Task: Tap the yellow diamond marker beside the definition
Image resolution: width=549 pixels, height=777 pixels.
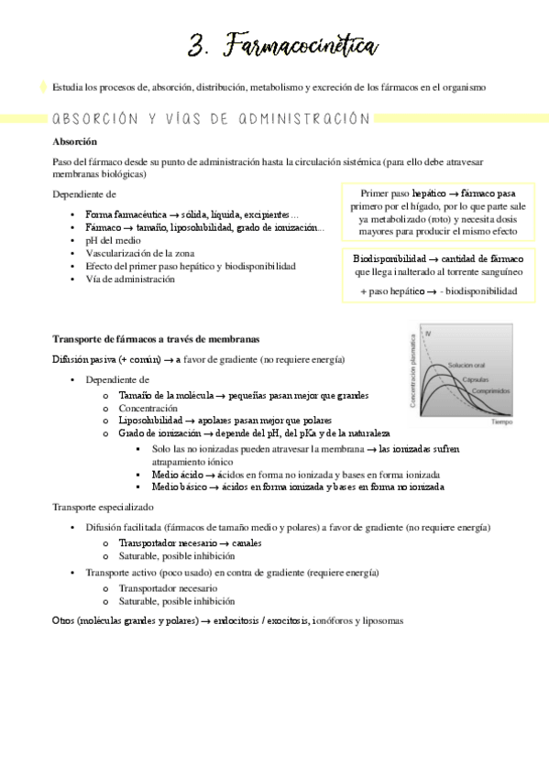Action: click(x=43, y=87)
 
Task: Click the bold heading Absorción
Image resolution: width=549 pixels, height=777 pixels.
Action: click(x=75, y=142)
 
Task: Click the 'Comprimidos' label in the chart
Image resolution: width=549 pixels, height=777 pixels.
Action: click(x=491, y=390)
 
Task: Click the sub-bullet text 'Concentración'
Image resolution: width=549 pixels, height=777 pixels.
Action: click(x=148, y=408)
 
